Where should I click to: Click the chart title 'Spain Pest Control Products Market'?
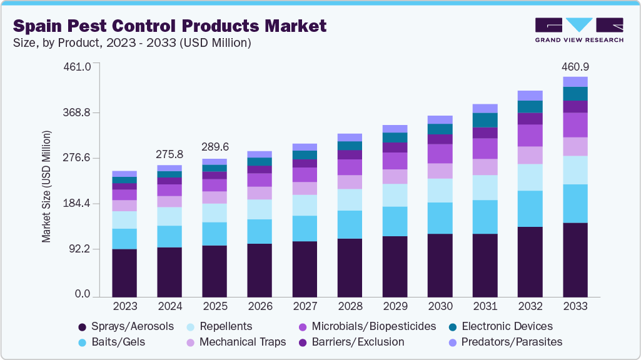coord(169,26)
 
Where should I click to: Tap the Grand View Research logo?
coord(579,29)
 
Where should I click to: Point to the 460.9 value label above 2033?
coord(575,67)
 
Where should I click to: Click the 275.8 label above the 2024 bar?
coord(169,154)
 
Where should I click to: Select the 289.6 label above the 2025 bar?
coord(215,147)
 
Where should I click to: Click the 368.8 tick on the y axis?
coord(79,112)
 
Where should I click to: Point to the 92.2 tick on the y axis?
coord(81,249)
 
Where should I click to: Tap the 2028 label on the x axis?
coord(350,307)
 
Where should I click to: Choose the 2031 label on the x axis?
coord(485,307)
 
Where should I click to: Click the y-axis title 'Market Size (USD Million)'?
coord(46,186)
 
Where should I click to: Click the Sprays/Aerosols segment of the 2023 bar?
coord(124,272)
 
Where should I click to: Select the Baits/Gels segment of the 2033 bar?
coord(575,203)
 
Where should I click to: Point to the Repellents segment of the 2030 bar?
coord(440,190)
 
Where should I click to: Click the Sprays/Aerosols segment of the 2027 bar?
coord(305,269)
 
